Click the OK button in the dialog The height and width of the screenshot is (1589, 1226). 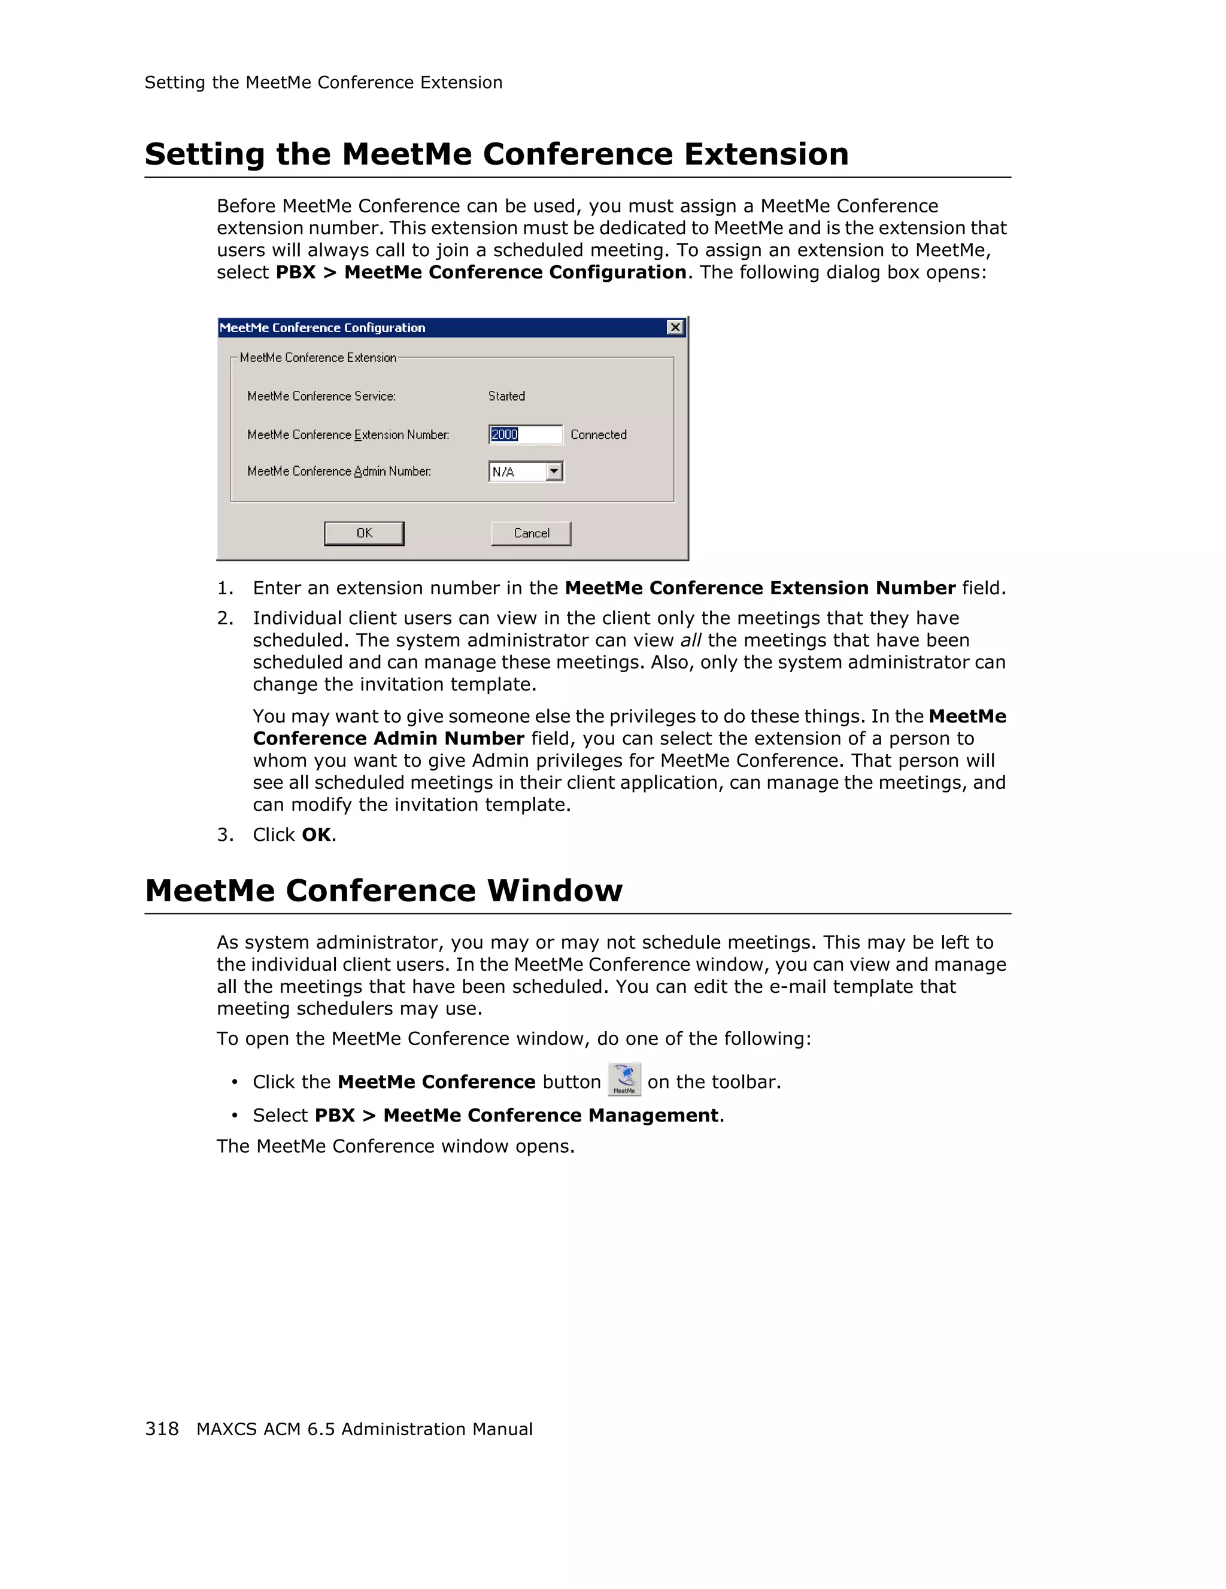point(364,533)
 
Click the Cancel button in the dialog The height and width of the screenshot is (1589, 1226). point(531,533)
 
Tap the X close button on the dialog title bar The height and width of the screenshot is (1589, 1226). point(675,327)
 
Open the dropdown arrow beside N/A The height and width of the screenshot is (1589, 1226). point(554,472)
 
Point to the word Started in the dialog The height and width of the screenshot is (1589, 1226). point(506,396)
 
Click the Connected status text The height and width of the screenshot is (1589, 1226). point(598,435)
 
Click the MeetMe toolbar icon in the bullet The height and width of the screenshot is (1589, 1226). point(624,1079)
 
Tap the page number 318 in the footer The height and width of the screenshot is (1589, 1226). point(162,1429)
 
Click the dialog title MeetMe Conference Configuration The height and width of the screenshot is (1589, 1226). point(322,328)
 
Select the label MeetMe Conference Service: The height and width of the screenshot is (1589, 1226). point(321,396)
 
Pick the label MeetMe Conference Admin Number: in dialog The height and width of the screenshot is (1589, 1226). point(339,472)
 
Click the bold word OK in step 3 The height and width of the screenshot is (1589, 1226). point(315,834)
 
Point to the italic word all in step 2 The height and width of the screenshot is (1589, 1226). point(690,640)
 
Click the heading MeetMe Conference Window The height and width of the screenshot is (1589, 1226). point(384,891)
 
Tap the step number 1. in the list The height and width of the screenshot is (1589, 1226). point(225,588)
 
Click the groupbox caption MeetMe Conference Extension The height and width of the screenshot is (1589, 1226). point(318,358)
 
